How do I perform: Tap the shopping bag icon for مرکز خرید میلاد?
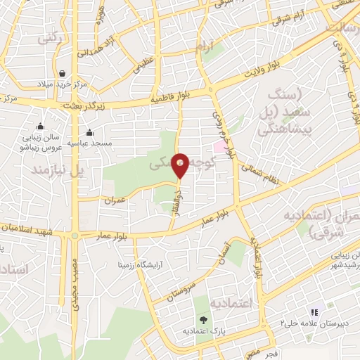[x=63, y=73]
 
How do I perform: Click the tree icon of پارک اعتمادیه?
[x=202, y=319]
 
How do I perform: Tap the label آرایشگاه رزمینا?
[x=143, y=266]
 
